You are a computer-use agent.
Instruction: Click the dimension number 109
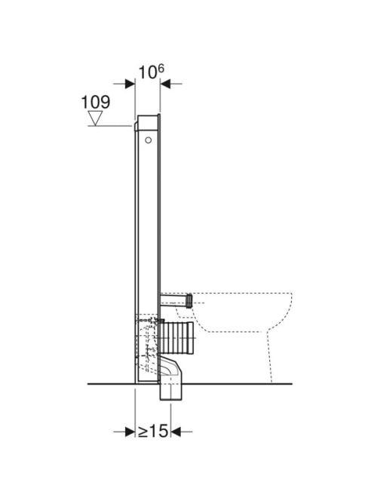[x=96, y=102]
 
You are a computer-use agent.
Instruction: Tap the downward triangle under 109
[x=96, y=118]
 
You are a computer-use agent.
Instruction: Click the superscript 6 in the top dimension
[x=161, y=69]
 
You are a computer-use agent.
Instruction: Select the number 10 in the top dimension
[x=147, y=72]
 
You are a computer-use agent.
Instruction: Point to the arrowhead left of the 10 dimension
[x=130, y=84]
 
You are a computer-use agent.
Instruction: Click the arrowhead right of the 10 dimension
[x=165, y=84]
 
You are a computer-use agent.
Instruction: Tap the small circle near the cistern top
[x=149, y=140]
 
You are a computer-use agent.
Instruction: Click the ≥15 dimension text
[x=152, y=432]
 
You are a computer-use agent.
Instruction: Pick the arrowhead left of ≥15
[x=130, y=432]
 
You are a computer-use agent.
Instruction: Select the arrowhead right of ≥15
[x=176, y=432]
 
